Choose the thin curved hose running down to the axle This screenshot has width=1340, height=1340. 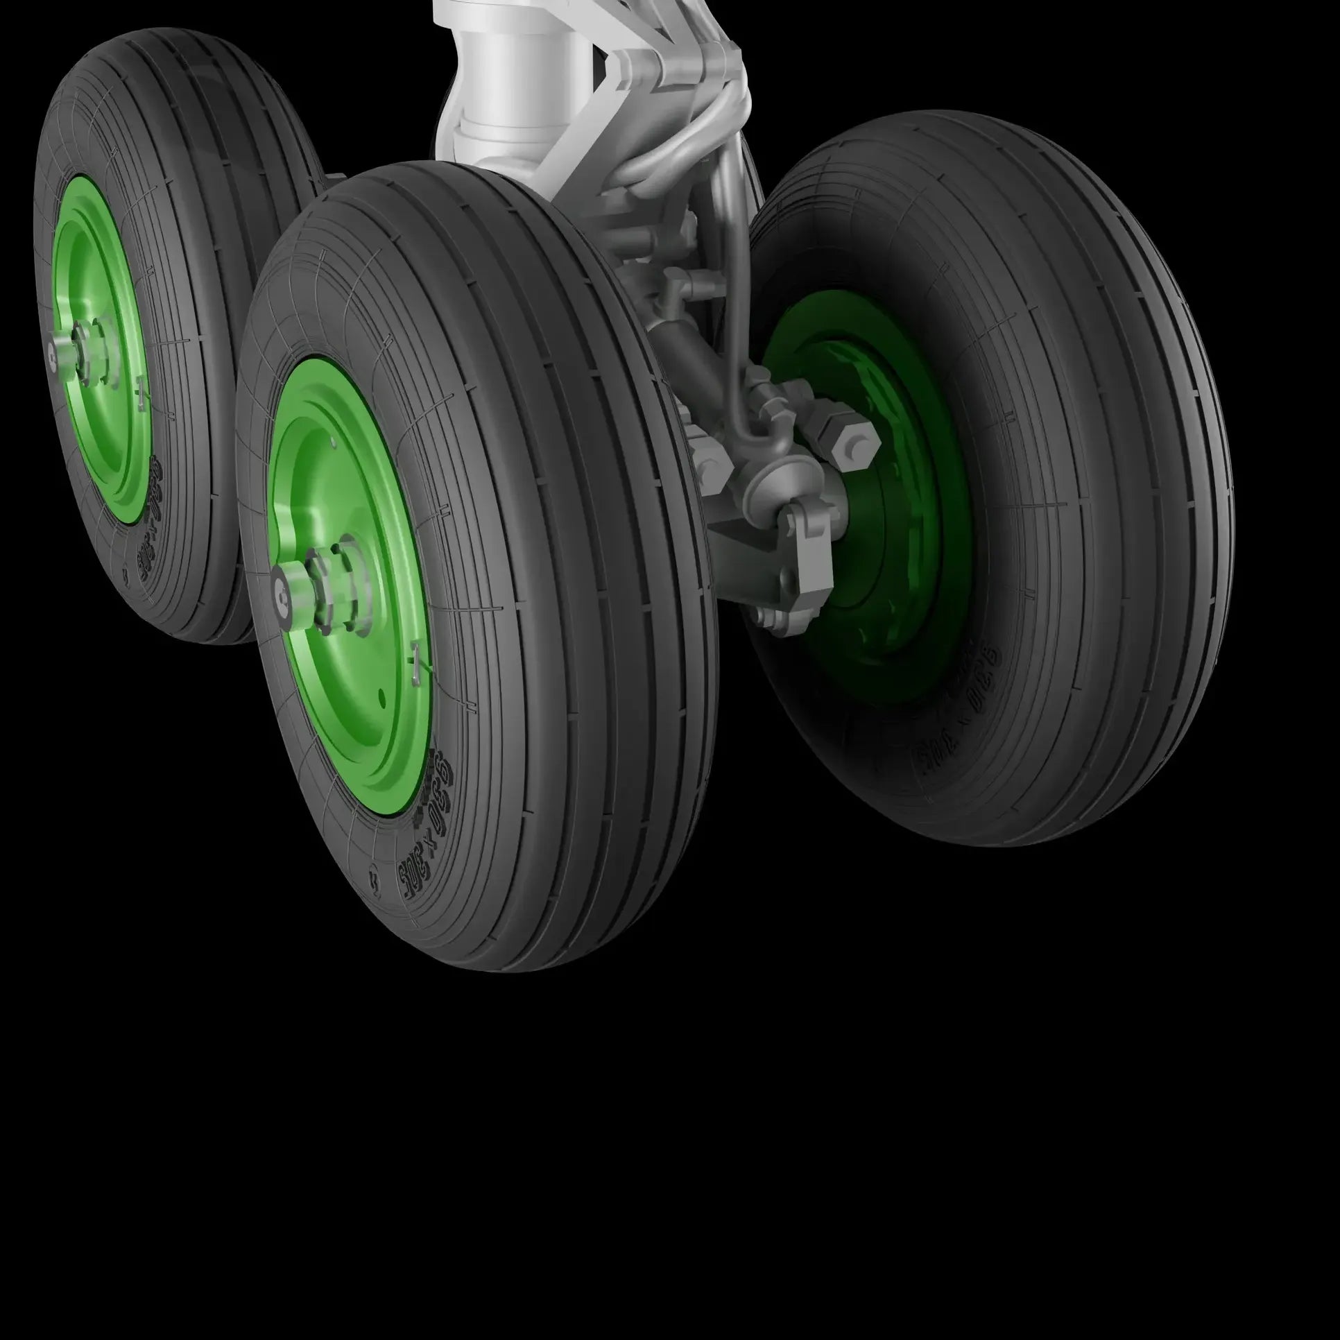pyautogui.click(x=735, y=312)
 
